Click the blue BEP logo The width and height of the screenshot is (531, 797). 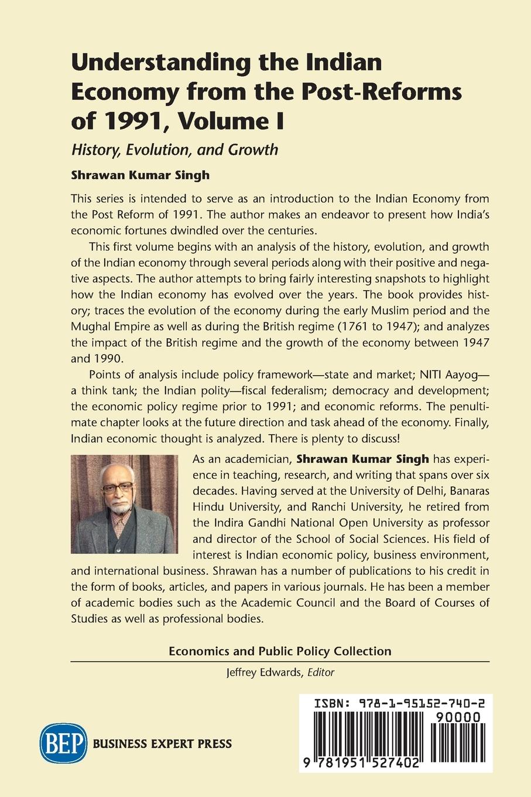pyautogui.click(x=63, y=744)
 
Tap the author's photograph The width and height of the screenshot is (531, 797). pyautogui.click(x=124, y=504)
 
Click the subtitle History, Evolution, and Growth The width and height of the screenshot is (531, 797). pyautogui.click(x=174, y=149)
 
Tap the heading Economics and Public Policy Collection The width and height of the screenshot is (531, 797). pyautogui.click(x=280, y=651)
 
